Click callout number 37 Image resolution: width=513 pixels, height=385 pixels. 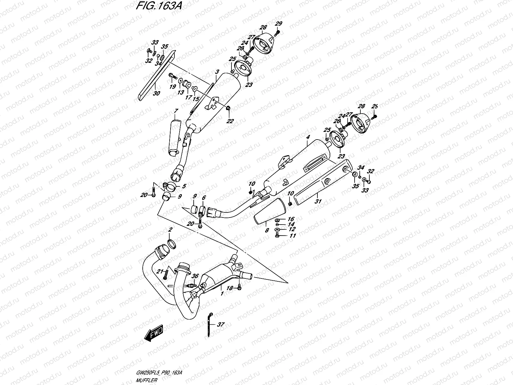(x=221, y=325)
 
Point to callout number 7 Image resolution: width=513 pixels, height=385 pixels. (x=176, y=111)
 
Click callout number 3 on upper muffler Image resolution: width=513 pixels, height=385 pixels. (x=217, y=72)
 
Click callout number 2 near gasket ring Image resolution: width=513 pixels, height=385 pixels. (x=170, y=230)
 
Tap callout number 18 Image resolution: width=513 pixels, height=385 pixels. (x=230, y=288)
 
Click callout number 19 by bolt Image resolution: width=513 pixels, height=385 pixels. (x=172, y=87)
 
